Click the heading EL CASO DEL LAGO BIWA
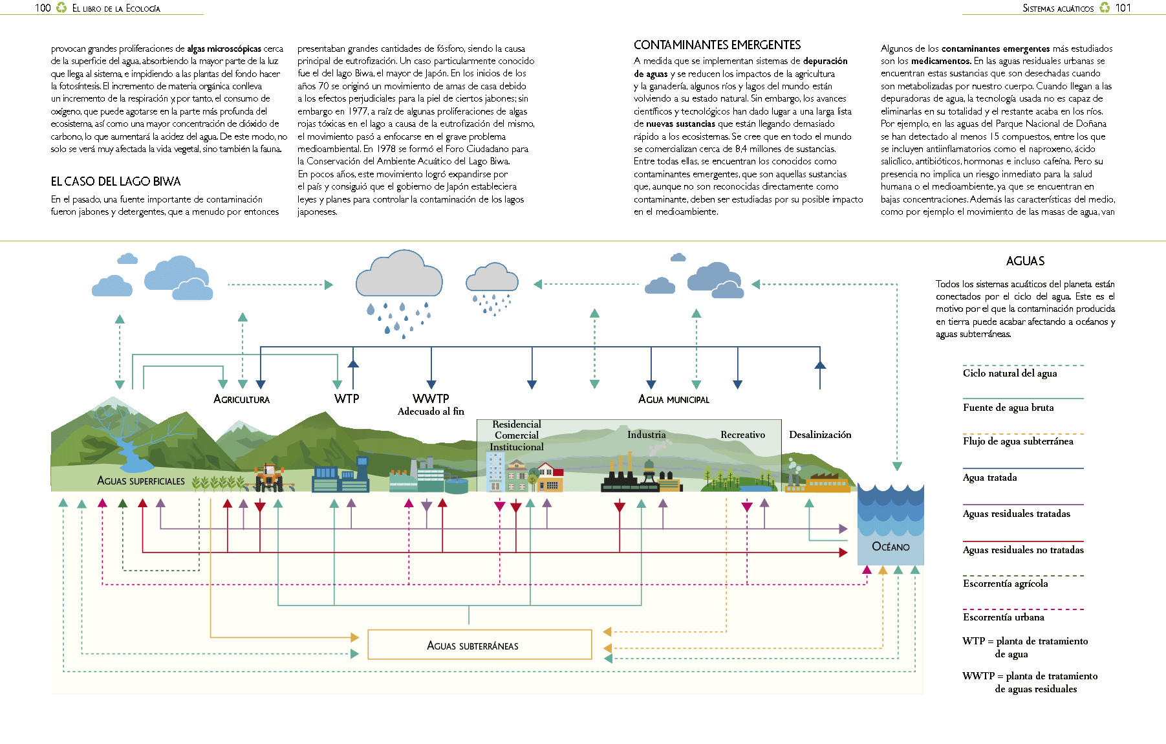point(116,182)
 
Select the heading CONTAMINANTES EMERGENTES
point(717,45)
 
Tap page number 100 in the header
point(43,8)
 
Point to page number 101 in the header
point(1123,8)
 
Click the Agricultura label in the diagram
point(242,399)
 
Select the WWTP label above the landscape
point(431,399)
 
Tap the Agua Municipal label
point(674,399)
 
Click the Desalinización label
point(820,435)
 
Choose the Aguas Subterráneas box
point(480,644)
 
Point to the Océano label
point(891,547)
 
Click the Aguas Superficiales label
point(141,481)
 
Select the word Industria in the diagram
point(646,435)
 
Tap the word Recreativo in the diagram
point(743,435)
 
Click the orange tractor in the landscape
point(269,477)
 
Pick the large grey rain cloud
point(399,274)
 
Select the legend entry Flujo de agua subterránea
point(1018,441)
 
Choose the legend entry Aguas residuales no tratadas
point(1023,550)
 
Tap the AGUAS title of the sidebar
point(1025,261)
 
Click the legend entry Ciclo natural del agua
point(1010,373)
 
